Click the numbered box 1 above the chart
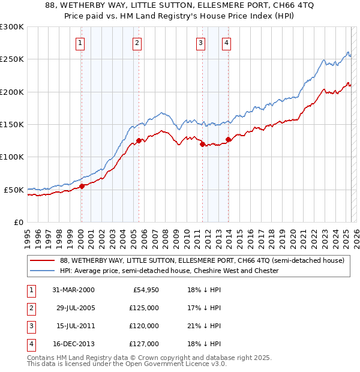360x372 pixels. (x=80, y=43)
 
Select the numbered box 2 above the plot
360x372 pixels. (x=137, y=43)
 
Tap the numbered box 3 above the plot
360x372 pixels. (x=200, y=43)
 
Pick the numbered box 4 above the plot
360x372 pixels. (x=226, y=43)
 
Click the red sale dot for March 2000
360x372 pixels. (x=82, y=186)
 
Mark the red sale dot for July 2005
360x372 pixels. (x=139, y=140)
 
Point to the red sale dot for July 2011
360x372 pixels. (x=202, y=144)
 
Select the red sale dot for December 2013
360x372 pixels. (x=228, y=139)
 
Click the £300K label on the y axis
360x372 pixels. (x=12, y=27)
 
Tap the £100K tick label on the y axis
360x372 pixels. (x=12, y=157)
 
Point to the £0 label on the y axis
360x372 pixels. (x=18, y=222)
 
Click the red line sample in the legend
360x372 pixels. (x=42, y=261)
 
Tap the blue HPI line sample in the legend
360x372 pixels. (x=42, y=271)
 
